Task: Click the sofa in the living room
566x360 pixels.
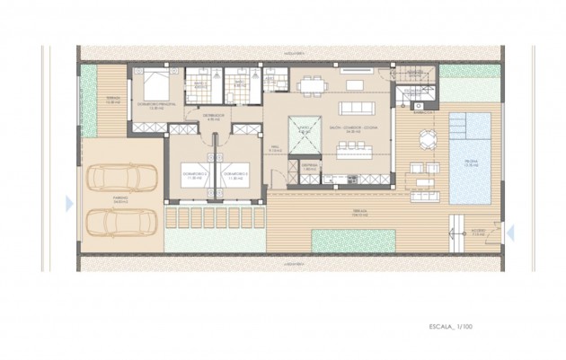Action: [x=356, y=85]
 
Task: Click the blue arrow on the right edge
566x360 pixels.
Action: [x=509, y=233]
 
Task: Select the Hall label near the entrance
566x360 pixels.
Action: [x=276, y=150]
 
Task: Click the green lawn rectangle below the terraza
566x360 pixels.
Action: [x=353, y=240]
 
